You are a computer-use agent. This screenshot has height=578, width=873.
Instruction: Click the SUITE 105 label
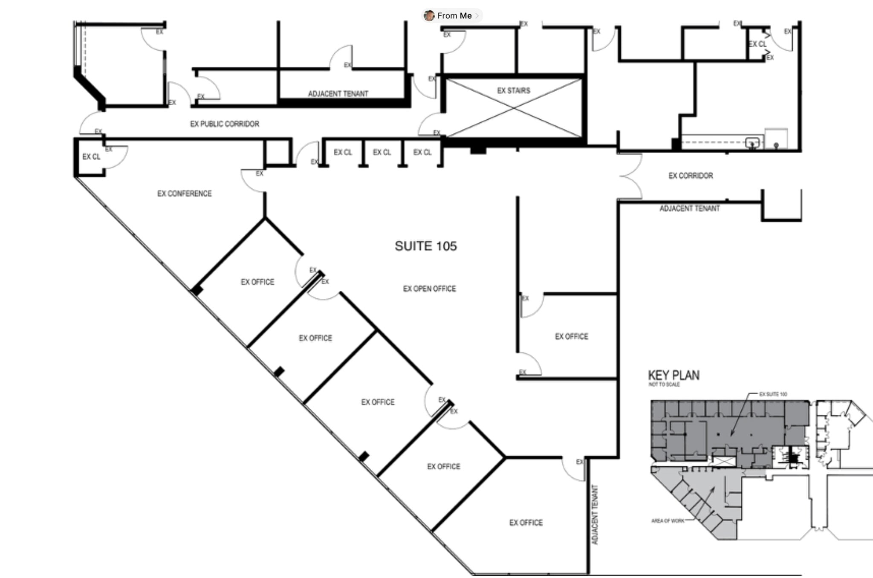point(425,246)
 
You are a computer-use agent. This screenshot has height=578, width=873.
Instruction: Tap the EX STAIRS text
point(513,90)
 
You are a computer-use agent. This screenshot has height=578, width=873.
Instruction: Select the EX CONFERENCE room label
point(184,194)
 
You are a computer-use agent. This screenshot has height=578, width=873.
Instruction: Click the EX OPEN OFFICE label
point(429,289)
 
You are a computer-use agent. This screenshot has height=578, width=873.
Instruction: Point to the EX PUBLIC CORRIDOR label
point(224,124)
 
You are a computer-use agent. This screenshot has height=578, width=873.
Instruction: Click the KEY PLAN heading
point(674,375)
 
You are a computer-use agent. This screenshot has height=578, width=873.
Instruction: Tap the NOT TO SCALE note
point(664,384)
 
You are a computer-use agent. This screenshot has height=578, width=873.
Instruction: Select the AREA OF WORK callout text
point(668,521)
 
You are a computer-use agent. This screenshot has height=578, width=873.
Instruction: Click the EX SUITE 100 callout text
point(773,394)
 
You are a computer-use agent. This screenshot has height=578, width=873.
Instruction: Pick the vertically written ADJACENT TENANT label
point(595,514)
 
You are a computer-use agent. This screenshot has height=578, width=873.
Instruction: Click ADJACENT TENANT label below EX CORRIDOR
point(689,208)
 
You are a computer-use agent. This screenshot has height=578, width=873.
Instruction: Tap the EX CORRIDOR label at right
point(690,176)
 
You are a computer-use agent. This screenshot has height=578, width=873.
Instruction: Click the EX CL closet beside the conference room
point(91,157)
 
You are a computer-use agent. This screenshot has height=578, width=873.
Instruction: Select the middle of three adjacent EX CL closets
point(382,152)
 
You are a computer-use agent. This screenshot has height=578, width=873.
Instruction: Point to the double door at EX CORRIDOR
point(630,176)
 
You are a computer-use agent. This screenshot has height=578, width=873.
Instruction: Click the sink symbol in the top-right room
point(752,142)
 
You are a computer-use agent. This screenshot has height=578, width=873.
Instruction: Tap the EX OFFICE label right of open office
point(571,336)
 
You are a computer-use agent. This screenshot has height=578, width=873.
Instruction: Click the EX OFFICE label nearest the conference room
point(257,282)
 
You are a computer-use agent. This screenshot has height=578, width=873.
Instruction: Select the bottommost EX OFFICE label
point(526,523)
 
